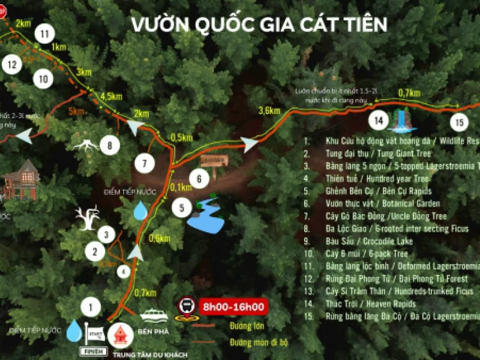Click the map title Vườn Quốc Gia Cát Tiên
pos(259,25)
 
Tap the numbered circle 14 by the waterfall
pos(379,121)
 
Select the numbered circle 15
pos(460,123)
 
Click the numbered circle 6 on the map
pos(199,178)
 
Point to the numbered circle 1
pos(91,308)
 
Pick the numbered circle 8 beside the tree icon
pos(109,145)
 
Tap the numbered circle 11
pos(44,34)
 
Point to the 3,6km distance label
pos(269,110)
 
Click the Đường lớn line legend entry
pos(241,326)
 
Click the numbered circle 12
pos(11,64)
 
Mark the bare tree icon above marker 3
pos(88,217)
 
